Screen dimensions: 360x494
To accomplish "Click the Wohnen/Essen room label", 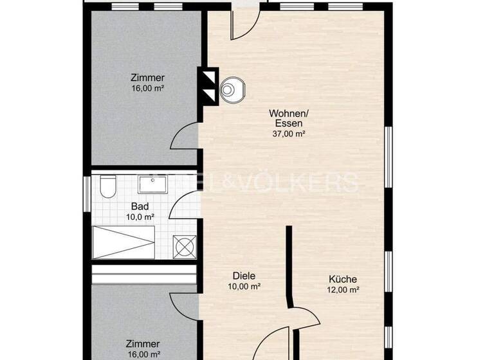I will click(287, 118).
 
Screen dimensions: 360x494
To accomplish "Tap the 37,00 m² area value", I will click(287, 134).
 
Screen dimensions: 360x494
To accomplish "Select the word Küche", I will click(342, 280).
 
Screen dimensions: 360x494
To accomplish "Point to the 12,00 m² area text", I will click(342, 290).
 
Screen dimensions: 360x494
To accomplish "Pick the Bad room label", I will click(140, 206).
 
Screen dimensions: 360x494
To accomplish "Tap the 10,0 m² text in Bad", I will click(140, 217).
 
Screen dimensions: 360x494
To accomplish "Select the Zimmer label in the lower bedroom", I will click(143, 344).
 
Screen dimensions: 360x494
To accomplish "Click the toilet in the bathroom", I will click(107, 187).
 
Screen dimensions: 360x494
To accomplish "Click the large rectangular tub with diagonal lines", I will click(123, 242).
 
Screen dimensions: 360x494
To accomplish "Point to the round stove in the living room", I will click(230, 91).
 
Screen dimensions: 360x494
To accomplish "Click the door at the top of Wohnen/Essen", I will click(244, 23).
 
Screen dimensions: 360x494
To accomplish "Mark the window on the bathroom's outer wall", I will click(87, 193).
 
